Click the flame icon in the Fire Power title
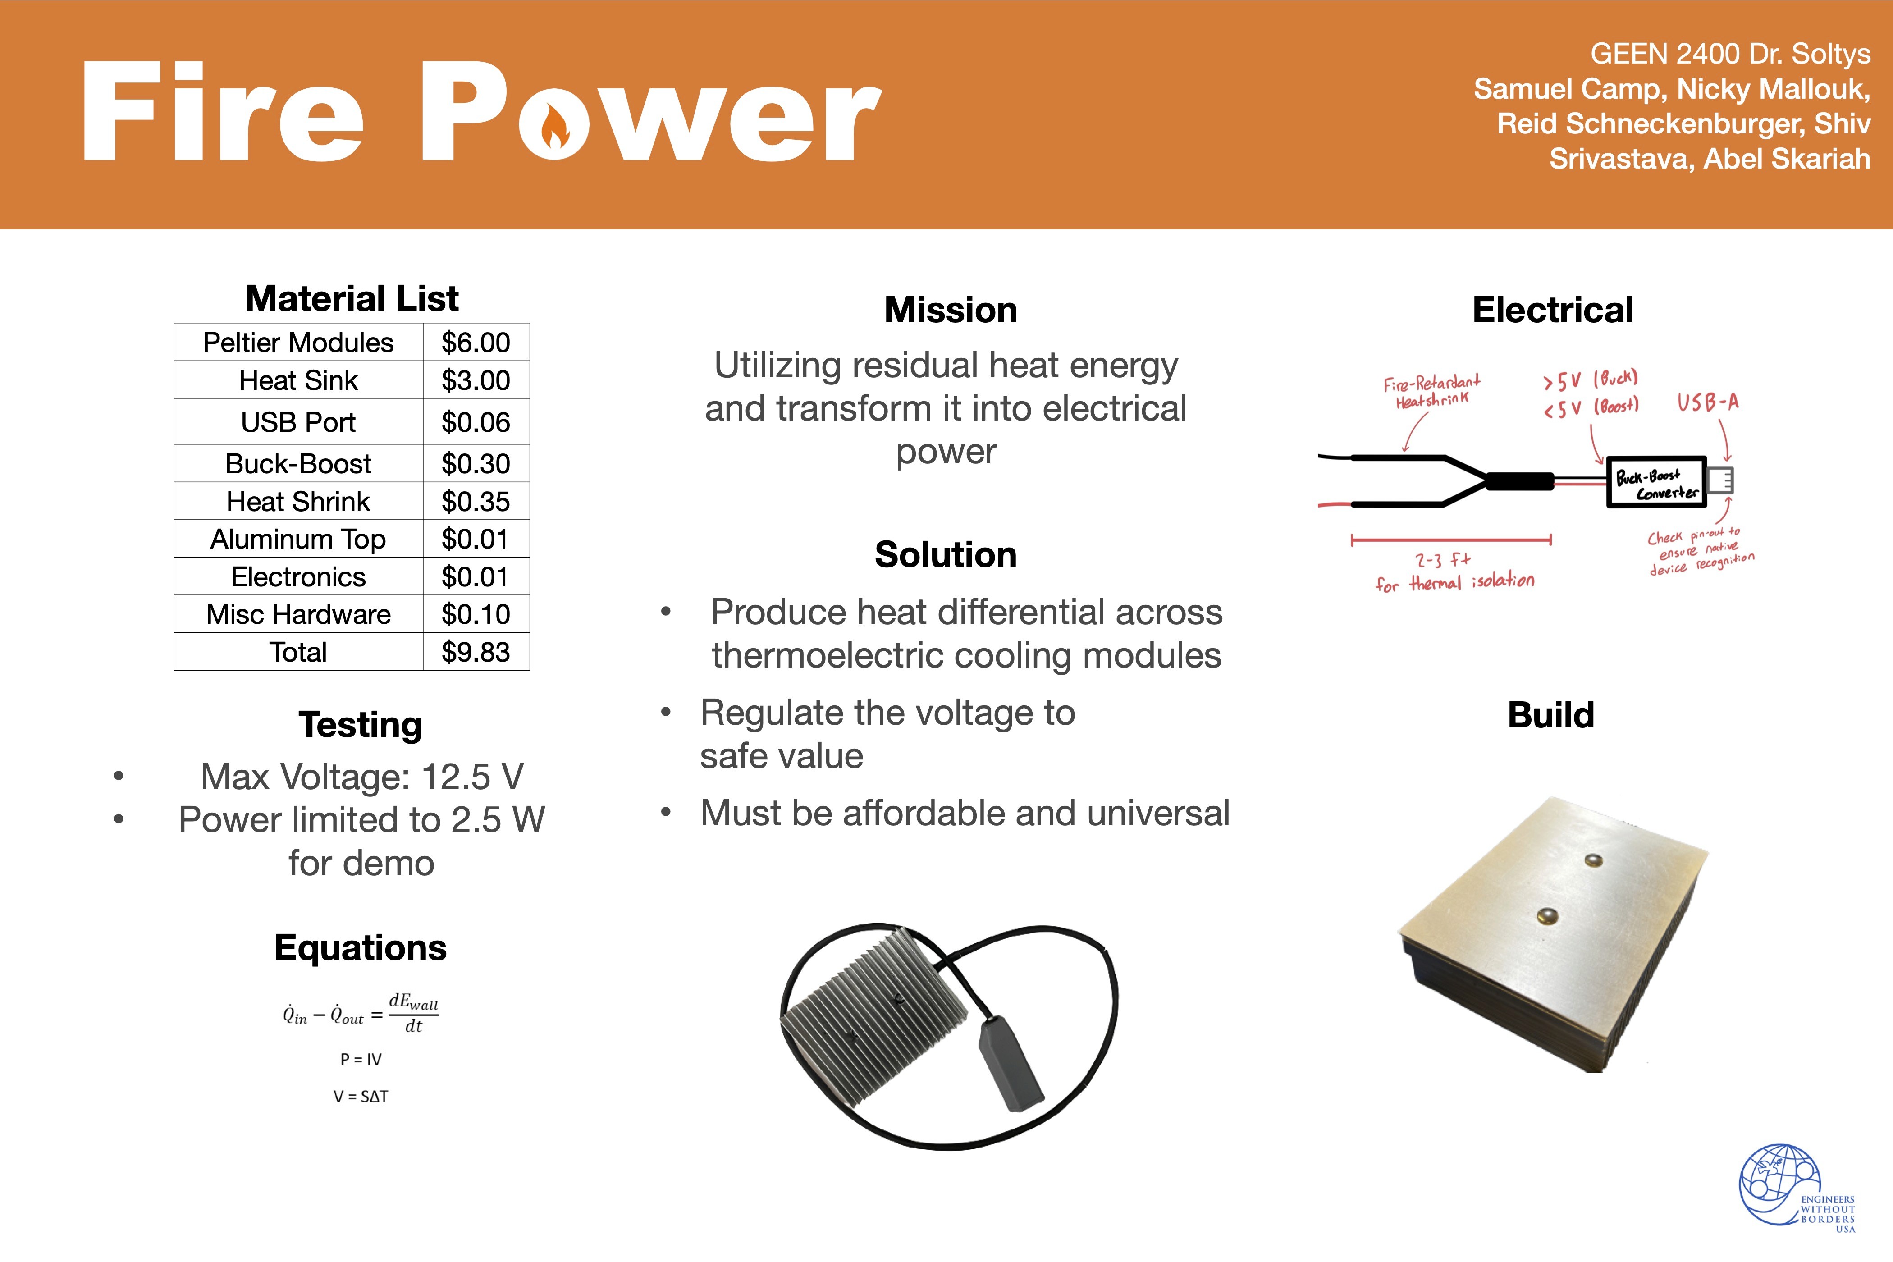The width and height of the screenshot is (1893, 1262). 554,129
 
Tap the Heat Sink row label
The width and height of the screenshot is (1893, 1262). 298,380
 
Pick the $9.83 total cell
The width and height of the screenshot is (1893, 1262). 476,652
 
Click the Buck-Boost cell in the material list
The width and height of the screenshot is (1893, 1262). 298,464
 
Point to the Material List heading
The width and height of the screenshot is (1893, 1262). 352,298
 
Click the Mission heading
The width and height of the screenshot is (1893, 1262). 951,311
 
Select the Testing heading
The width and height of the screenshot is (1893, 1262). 361,724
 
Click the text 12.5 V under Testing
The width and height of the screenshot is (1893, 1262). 472,777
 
